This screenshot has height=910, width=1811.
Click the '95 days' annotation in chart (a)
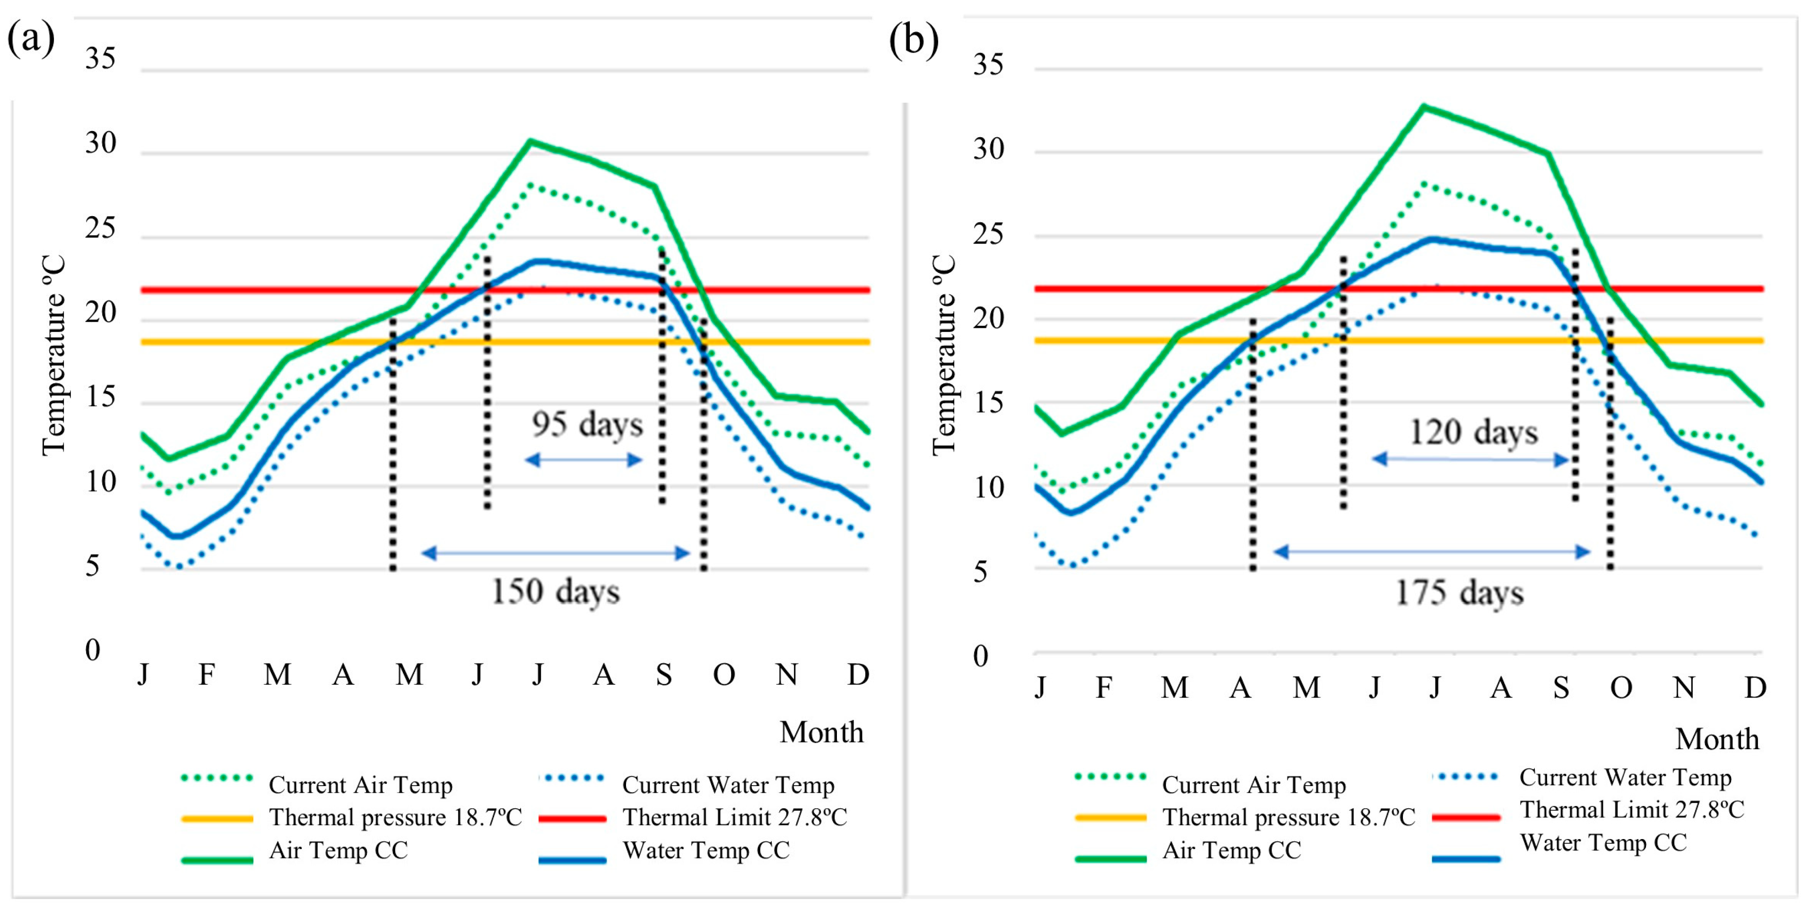point(587,425)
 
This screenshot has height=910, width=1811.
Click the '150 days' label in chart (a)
point(556,591)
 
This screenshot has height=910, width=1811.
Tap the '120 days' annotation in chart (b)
point(1473,432)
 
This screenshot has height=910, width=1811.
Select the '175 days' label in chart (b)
point(1460,592)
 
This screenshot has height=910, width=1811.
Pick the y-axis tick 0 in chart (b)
point(981,656)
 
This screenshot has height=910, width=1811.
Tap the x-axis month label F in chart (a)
point(206,674)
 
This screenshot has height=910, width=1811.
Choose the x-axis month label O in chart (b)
point(1621,687)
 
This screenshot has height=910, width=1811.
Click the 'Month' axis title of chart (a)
point(821,732)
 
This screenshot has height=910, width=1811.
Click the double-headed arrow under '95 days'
point(583,460)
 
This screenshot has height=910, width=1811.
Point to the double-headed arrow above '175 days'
point(1432,552)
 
